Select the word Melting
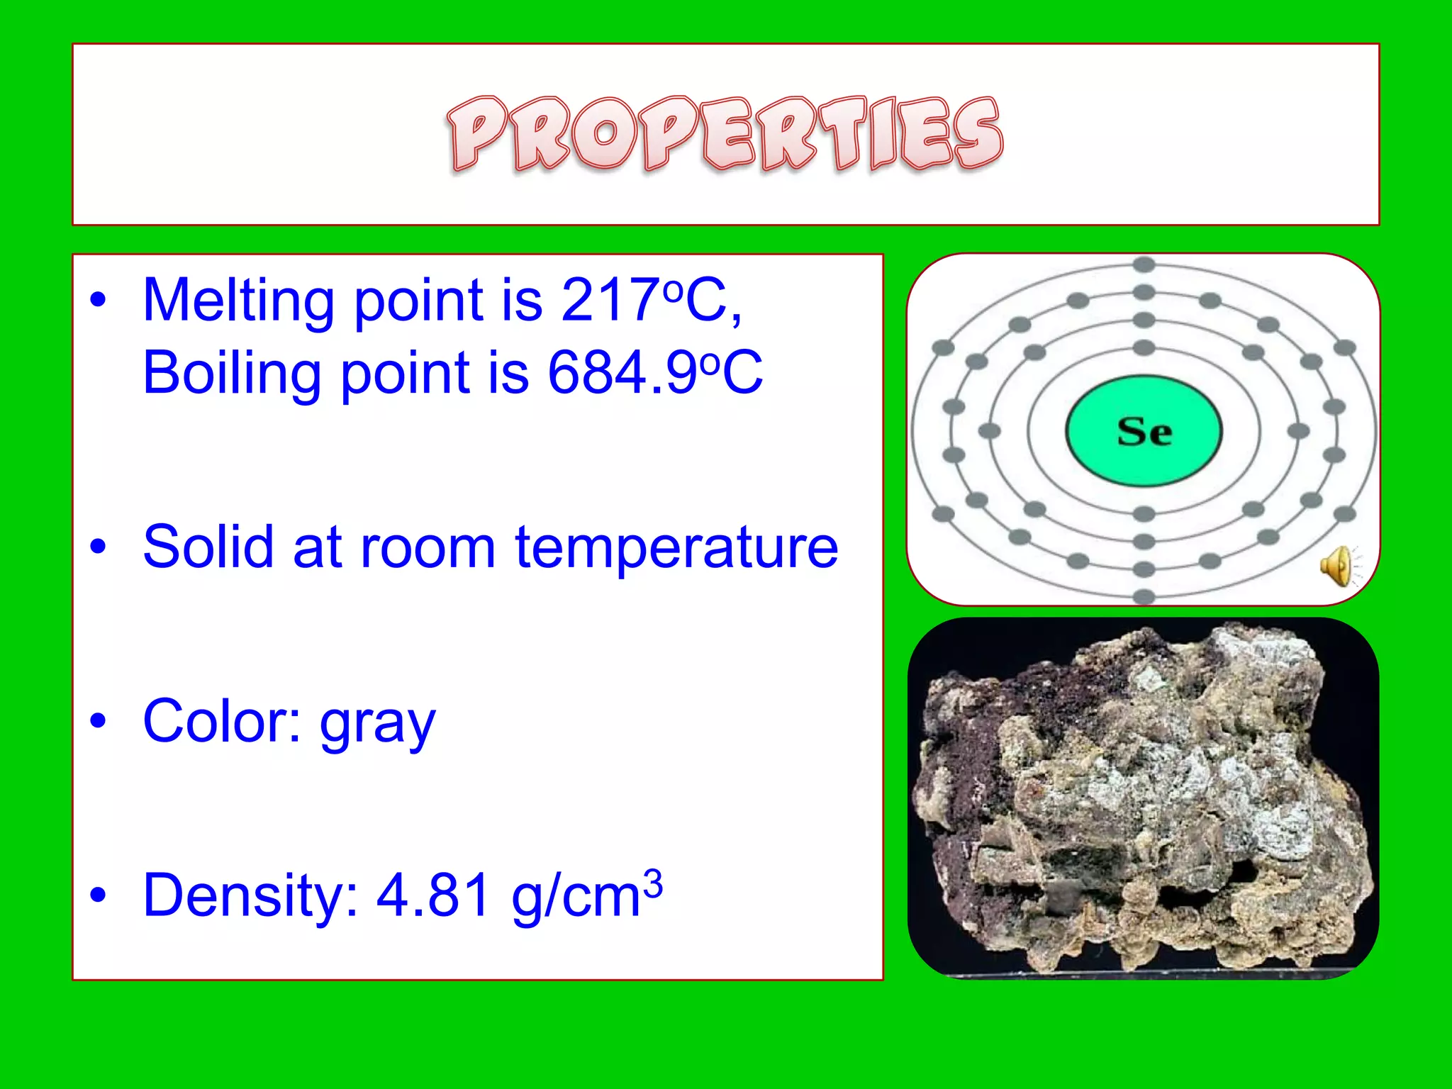pos(238,301)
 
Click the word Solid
pos(208,547)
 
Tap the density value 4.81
pos(432,895)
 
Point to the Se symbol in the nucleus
pos(1144,431)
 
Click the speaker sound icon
pos(1336,566)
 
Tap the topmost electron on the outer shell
pos(1144,265)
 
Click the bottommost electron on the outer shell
pos(1144,596)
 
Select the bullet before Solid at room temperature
pos(99,547)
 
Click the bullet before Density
pos(99,895)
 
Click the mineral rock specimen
pos(1143,798)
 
